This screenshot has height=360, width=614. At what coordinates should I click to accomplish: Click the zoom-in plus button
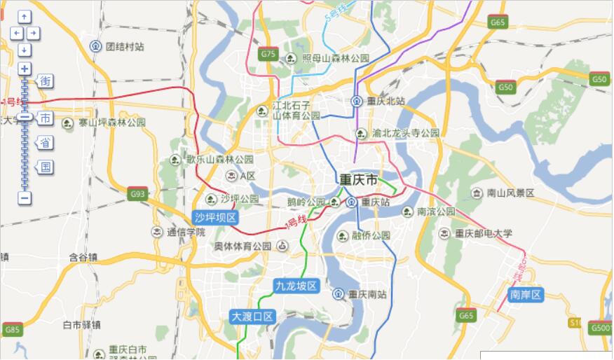coord(25,69)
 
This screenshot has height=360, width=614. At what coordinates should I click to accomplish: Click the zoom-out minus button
coord(25,198)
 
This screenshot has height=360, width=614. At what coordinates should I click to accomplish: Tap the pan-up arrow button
coord(25,16)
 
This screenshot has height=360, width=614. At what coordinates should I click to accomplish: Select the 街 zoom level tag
coord(45,81)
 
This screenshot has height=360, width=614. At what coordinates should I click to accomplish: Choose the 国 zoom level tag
coord(45,167)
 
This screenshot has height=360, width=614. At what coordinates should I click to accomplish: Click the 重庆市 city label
coord(358,180)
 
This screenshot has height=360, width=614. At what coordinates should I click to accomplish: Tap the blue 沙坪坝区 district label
coord(217,218)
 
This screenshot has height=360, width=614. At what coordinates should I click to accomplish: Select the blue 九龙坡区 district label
coord(296,286)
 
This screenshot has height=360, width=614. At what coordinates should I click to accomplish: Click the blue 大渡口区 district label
coord(252,317)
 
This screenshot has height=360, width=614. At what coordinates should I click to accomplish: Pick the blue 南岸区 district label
coord(526,295)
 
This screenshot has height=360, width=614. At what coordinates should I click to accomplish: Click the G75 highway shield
coord(268,53)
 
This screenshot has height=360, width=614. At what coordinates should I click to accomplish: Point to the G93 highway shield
coord(137,194)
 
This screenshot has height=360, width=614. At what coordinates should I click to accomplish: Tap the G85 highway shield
coord(12,328)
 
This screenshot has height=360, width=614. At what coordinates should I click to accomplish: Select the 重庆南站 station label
coord(367,294)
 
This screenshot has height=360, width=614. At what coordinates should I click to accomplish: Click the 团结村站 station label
coord(125,46)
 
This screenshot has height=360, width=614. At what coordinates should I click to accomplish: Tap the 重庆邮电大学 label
coord(484,233)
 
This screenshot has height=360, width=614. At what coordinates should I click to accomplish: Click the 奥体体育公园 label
coord(243,246)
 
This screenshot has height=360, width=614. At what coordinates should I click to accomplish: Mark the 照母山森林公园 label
coord(335,58)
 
